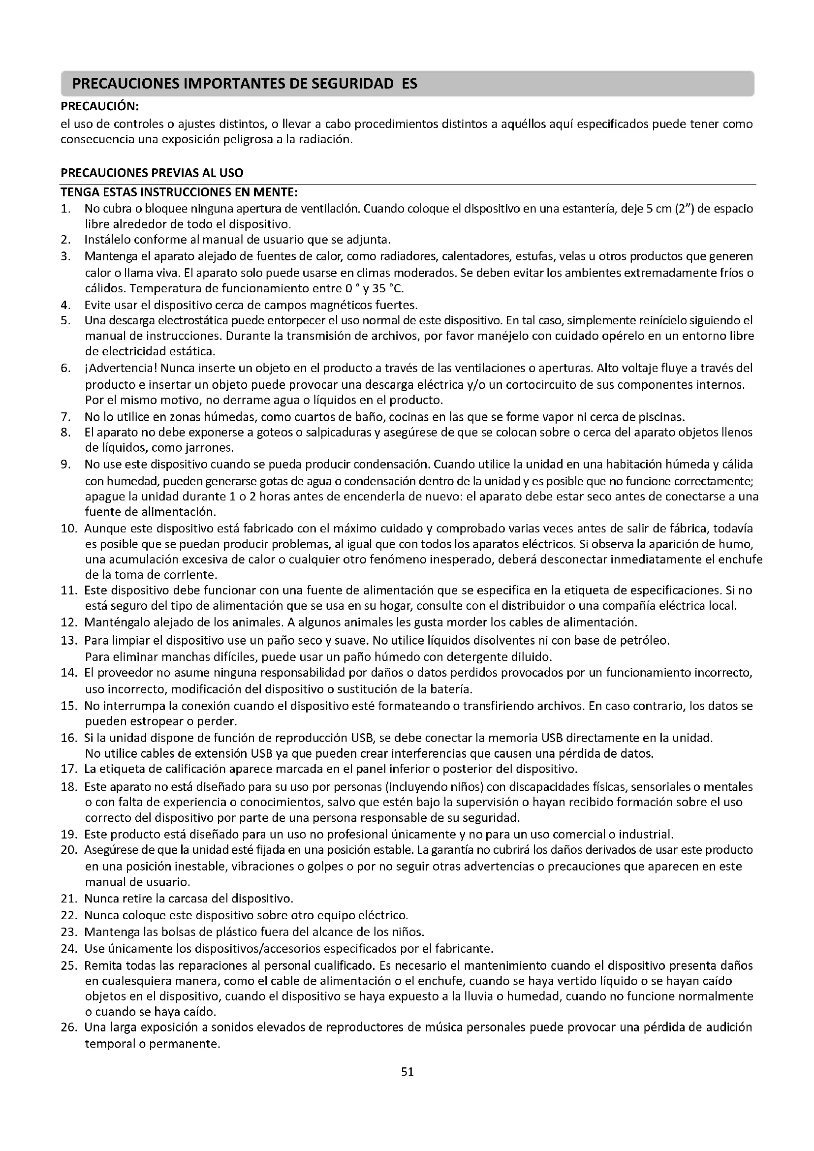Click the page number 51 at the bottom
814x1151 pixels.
point(407,1072)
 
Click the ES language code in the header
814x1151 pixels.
point(409,84)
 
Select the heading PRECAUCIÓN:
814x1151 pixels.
point(99,106)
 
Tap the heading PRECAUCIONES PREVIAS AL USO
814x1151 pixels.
point(152,173)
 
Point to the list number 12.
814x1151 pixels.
point(68,622)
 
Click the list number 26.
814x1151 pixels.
point(68,1027)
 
